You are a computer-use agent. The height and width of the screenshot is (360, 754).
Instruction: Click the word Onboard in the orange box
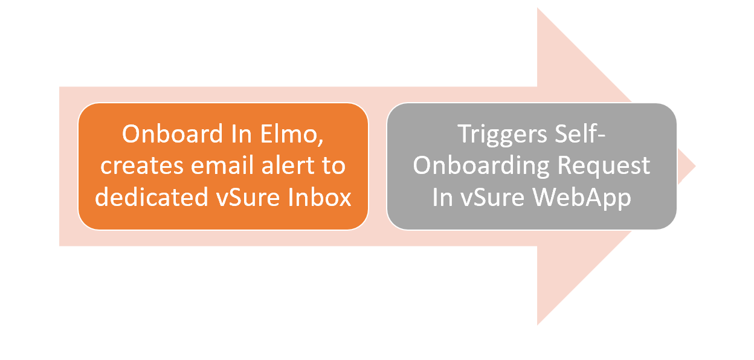coord(172,134)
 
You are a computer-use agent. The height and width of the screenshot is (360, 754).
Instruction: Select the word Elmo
coord(288,134)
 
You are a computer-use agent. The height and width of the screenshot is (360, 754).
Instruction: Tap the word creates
coord(142,166)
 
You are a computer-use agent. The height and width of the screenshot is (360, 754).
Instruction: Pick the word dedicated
coord(152,197)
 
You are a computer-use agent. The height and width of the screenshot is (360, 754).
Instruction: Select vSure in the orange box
coord(248,197)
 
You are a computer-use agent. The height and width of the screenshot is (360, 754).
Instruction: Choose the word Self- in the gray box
coord(580,134)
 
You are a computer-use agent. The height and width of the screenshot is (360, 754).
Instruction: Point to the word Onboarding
coord(482,167)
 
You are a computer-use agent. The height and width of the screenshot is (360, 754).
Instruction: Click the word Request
coord(604,167)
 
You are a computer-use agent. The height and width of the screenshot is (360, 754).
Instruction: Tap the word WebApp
coord(582,199)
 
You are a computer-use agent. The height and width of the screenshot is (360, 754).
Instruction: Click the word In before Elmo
coord(241,134)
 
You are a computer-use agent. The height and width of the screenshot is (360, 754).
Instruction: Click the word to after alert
coord(334,166)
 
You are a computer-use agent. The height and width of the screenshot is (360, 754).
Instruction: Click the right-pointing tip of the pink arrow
coord(695,166)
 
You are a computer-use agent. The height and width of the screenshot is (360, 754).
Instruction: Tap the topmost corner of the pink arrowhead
coord(538,8)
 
